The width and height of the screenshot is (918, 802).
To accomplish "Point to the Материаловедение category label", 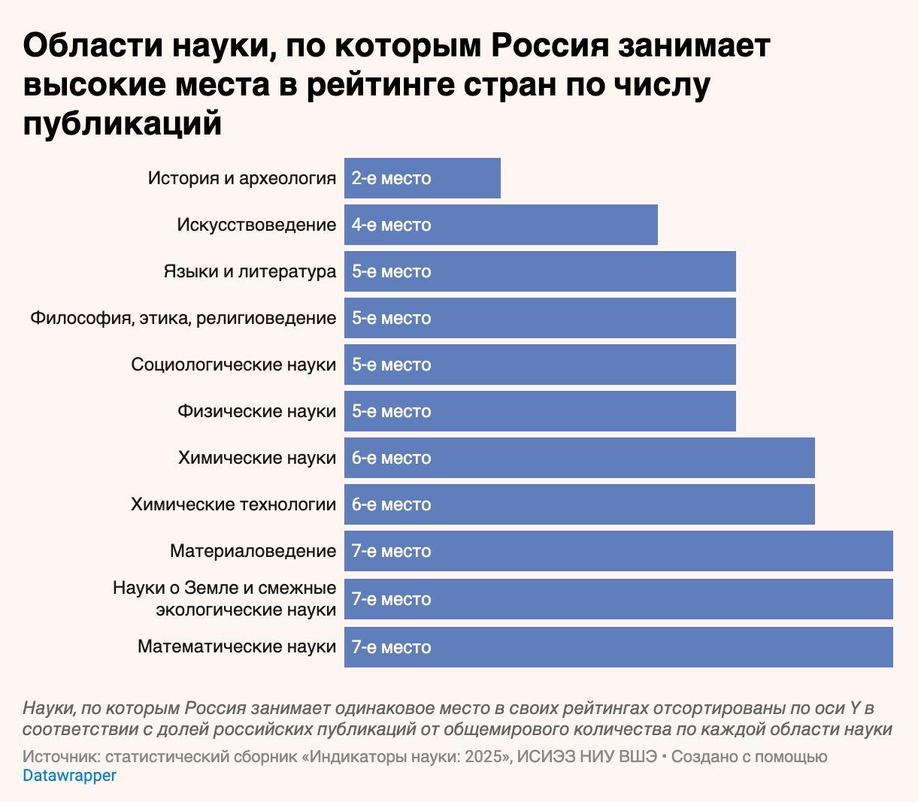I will pos(253,551).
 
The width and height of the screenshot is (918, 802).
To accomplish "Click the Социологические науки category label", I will pos(233,365).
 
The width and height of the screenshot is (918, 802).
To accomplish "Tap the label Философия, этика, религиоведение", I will pos(183,318).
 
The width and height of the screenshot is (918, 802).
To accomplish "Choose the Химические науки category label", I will pos(256,458).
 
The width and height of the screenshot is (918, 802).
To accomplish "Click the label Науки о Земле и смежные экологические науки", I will pos(224,598).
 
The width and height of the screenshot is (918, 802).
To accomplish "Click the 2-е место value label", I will pos(391,178).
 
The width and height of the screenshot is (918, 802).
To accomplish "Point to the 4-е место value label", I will pos(391,225).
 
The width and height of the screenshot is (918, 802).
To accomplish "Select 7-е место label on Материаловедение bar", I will pos(391,551).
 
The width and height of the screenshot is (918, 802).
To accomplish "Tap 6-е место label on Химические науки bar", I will pos(391,458).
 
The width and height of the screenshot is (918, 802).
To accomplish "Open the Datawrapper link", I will pos(69,776).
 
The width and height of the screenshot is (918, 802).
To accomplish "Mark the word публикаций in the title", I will pos(123,124).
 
